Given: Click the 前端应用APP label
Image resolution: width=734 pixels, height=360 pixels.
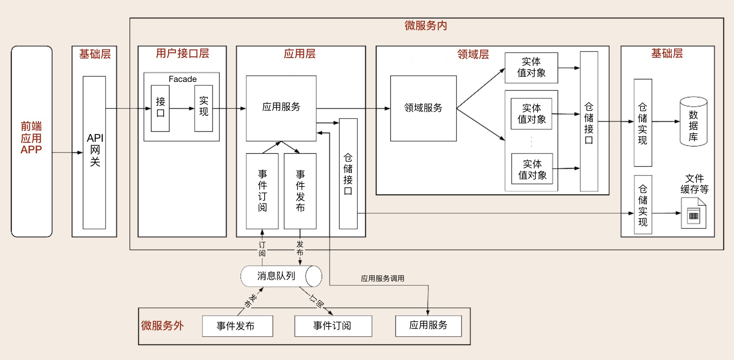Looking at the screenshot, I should [x=31, y=138].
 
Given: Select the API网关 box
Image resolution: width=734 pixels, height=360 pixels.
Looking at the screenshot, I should [x=94, y=152].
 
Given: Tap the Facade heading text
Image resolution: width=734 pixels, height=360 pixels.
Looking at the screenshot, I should [x=182, y=79].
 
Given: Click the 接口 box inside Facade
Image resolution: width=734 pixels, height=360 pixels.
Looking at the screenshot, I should [x=160, y=108].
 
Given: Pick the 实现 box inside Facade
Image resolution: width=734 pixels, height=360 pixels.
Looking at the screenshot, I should [x=203, y=108].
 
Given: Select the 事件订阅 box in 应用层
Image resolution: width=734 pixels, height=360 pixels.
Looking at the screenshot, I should [x=262, y=191].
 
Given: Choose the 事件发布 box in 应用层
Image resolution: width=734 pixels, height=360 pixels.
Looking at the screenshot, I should [x=300, y=191].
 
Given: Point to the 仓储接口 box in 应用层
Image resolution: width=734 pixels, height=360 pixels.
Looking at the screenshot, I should [x=348, y=174].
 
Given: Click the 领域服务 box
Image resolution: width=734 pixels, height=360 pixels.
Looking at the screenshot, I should [x=423, y=108].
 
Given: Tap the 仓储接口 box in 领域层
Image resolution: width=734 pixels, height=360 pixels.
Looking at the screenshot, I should [x=589, y=121].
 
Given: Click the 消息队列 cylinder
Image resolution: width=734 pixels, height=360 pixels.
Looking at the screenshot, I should [x=281, y=276].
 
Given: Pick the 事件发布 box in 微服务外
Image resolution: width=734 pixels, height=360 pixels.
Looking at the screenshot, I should [x=237, y=326].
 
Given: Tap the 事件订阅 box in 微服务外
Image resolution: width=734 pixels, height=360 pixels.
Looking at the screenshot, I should [x=333, y=326].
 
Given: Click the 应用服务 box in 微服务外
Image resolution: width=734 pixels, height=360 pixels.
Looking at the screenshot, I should [x=428, y=326].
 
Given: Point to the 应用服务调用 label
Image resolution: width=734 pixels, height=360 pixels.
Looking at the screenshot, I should [x=383, y=278].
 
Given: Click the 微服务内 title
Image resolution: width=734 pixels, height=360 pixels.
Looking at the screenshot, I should [x=426, y=26].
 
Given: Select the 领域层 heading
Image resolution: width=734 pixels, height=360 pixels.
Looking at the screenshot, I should [x=473, y=54].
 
